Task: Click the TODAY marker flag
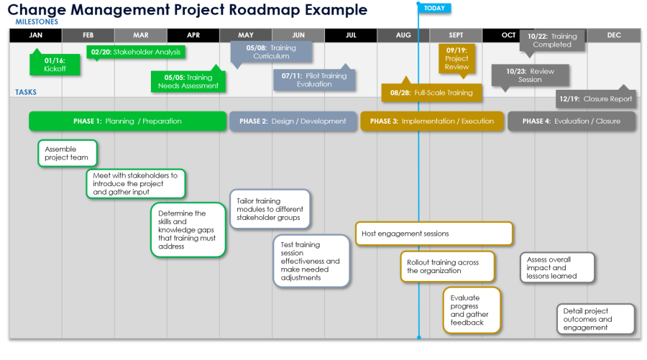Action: (434, 8)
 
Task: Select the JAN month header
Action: (36, 35)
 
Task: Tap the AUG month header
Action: (403, 35)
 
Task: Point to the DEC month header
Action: (614, 35)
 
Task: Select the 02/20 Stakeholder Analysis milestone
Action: (136, 52)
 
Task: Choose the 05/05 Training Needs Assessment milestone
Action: (188, 81)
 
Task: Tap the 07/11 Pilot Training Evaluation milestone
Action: (314, 80)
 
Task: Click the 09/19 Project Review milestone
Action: (456, 58)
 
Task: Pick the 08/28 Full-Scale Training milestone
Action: (431, 93)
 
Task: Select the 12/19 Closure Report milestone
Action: (597, 99)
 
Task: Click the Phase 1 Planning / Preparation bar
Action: (127, 121)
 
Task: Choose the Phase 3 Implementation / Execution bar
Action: (431, 121)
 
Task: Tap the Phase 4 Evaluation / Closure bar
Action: (572, 121)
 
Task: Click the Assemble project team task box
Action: (67, 153)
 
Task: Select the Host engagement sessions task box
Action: (433, 234)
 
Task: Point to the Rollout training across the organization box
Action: (447, 267)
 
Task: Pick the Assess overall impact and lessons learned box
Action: (557, 267)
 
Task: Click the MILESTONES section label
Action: (37, 22)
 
